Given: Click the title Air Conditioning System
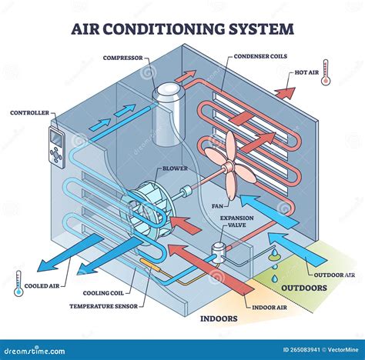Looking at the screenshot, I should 182,29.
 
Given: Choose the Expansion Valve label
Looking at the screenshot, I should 236,222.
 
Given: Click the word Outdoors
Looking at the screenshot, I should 303,288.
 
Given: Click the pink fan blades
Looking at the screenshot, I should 229,157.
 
